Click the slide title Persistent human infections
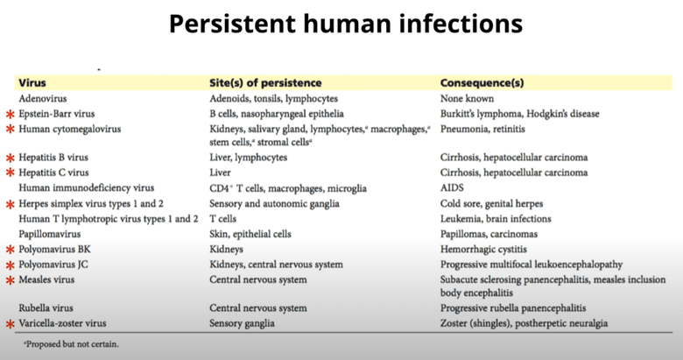coord(341,24)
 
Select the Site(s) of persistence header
coord(265,83)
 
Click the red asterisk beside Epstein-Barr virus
coord(11,115)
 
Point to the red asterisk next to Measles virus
coord(11,280)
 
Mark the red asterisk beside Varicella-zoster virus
coord(11,324)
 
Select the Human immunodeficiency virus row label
coord(86,188)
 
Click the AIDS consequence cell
coord(453,188)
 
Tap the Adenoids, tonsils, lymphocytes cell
coord(273,99)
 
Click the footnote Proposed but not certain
coord(71,344)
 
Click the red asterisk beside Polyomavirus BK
coord(11,251)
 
